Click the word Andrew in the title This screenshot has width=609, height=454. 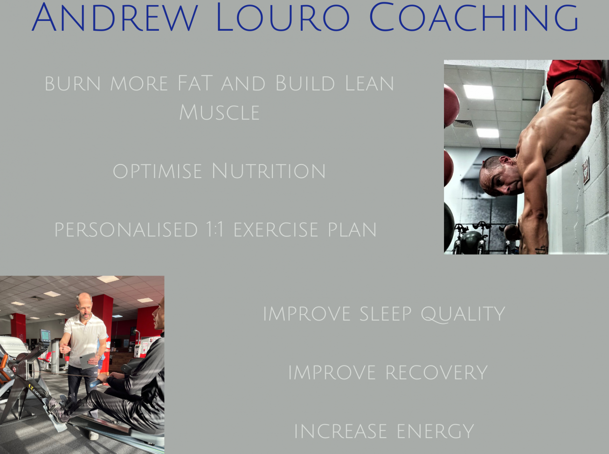pyautogui.click(x=115, y=17)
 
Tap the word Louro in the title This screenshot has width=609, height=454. pyautogui.click(x=283, y=17)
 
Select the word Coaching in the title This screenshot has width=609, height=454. pyautogui.click(x=474, y=17)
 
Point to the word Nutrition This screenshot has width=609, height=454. pyautogui.click(x=269, y=171)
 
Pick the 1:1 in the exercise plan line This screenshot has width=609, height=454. pyautogui.click(x=215, y=230)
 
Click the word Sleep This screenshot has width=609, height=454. pyautogui.click(x=386, y=314)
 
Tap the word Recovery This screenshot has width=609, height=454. pyautogui.click(x=436, y=372)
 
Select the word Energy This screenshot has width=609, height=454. pyautogui.click(x=436, y=431)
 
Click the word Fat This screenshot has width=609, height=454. pyautogui.click(x=195, y=83)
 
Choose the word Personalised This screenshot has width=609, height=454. pyautogui.click(x=126, y=230)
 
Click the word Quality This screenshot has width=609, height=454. pyautogui.click(x=463, y=314)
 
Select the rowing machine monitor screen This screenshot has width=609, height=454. pyautogui.click(x=45, y=335)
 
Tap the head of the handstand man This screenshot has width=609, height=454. pyautogui.click(x=499, y=175)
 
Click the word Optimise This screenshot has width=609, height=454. pyautogui.click(x=157, y=172)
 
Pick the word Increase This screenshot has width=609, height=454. pyautogui.click(x=340, y=431)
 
